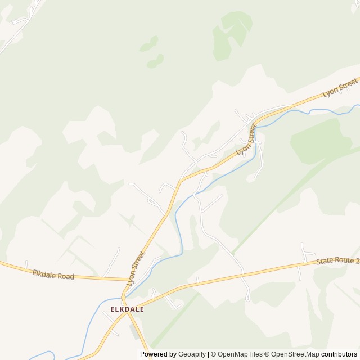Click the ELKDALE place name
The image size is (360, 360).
(x=127, y=309)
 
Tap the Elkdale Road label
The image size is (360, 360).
(x=53, y=275)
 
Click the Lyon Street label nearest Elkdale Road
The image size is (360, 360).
(x=136, y=268)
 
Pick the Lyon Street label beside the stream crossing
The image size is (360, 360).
(x=246, y=141)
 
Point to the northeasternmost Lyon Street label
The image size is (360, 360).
(x=340, y=88)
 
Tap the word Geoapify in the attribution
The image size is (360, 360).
(x=192, y=354)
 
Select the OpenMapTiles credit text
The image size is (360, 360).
(x=240, y=354)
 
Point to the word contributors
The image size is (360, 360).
(x=339, y=354)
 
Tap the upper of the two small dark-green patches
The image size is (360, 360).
(x=149, y=43)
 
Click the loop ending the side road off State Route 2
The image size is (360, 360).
(x=248, y=296)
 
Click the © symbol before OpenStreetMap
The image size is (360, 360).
(x=268, y=354)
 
